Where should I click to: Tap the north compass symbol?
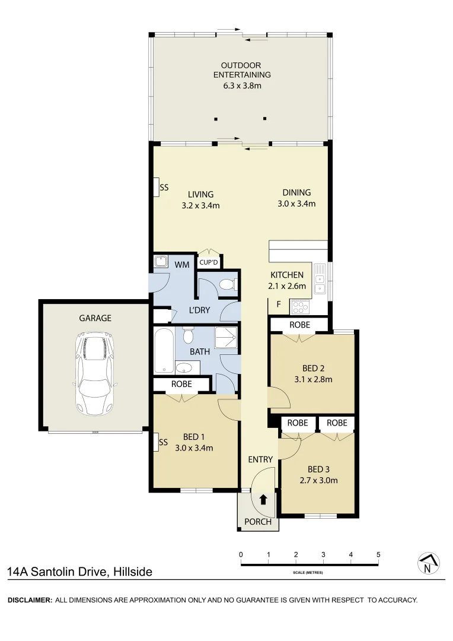(x=428, y=564)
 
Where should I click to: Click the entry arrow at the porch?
(x=263, y=500)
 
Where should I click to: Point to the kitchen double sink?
(x=320, y=281)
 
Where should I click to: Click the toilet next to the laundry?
(x=227, y=285)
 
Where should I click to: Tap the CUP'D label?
(x=208, y=262)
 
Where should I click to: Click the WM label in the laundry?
(x=182, y=264)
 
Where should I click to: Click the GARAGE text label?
(x=95, y=318)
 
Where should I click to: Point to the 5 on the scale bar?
(x=378, y=554)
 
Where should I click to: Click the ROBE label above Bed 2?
(x=299, y=325)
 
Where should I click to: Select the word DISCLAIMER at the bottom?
(x=29, y=600)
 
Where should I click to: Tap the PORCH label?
(x=258, y=522)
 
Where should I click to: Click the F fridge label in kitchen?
(x=278, y=304)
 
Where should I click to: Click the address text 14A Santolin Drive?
(x=79, y=572)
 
